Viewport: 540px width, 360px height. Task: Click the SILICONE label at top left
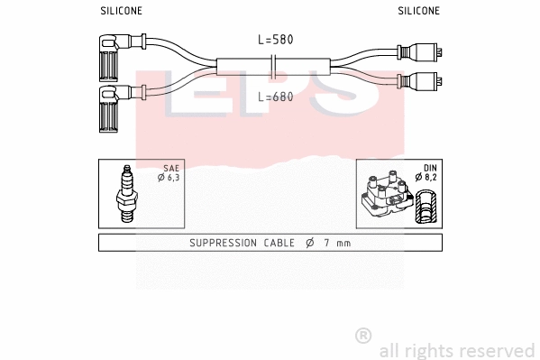(120, 11)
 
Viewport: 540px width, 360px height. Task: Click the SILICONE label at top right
(419, 11)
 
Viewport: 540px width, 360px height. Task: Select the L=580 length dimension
(276, 40)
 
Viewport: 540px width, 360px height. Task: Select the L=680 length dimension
(276, 97)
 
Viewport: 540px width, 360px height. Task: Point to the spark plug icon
(127, 193)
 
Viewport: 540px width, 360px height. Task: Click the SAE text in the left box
(171, 169)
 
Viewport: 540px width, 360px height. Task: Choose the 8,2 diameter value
(431, 179)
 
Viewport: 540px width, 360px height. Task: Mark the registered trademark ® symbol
(363, 335)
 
